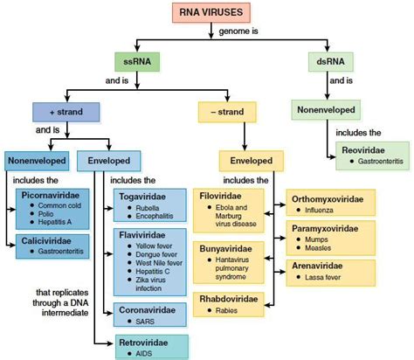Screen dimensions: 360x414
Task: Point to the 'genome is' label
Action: pos(239,33)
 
